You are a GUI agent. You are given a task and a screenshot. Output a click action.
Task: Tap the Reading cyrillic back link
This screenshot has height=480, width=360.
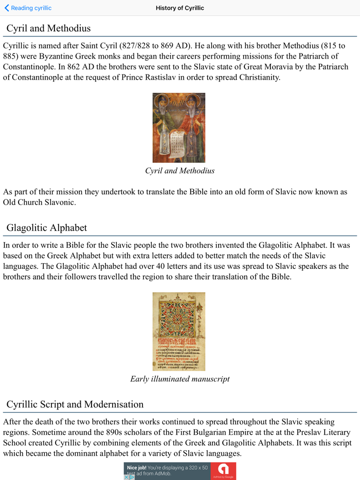tap(28, 8)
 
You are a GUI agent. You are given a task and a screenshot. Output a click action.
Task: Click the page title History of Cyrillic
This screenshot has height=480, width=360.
tap(179, 8)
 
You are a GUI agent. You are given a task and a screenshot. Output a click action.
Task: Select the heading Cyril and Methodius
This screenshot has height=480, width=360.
tap(48, 28)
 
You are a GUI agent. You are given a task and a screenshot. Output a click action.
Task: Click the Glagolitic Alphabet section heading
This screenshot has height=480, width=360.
tap(47, 228)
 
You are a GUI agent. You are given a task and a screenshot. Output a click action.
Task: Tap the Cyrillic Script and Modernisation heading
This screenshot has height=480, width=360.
tap(75, 404)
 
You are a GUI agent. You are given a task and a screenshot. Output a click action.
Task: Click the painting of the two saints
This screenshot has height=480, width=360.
tap(179, 127)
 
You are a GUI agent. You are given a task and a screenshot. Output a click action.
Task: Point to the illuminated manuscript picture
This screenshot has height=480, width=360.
tap(179, 331)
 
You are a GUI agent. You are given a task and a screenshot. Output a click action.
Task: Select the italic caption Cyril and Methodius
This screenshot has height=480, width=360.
tap(179, 171)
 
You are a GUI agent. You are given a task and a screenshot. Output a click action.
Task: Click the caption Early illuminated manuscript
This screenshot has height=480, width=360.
tap(179, 379)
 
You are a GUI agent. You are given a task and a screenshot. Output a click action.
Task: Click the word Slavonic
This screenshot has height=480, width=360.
tap(58, 202)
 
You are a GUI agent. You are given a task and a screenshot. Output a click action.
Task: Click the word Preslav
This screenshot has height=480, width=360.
tap(308, 432)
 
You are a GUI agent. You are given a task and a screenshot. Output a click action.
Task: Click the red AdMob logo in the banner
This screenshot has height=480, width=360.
tap(223, 470)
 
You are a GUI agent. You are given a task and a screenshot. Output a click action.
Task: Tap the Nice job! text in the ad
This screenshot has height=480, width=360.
tap(137, 468)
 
